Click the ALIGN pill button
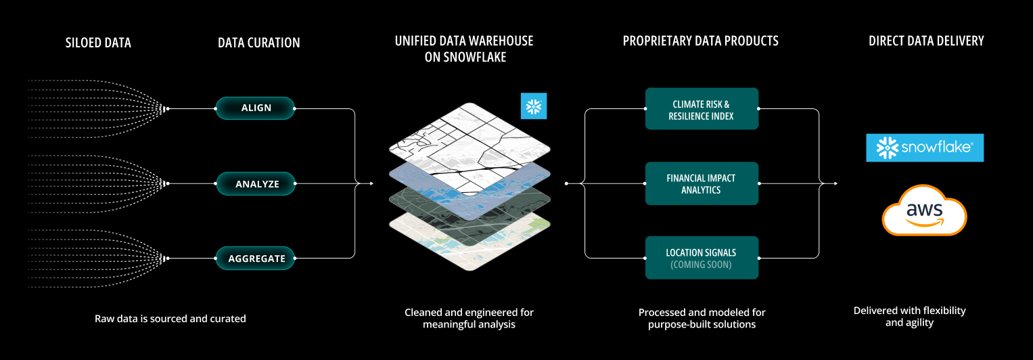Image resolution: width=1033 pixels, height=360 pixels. [256, 108]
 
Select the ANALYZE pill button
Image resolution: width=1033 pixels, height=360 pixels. [256, 183]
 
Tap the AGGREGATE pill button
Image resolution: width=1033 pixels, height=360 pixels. [256, 258]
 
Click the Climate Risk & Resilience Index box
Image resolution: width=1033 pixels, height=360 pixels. [702, 109]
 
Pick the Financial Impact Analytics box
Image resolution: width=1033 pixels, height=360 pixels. [702, 183]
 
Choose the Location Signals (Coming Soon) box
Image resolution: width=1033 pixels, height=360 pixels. [702, 258]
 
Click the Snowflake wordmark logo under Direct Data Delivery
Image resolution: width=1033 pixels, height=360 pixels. [925, 148]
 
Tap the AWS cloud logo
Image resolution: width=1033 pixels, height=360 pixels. [924, 210]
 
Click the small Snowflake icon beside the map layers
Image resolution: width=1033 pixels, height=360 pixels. [534, 106]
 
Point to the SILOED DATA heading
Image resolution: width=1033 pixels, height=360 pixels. [98, 43]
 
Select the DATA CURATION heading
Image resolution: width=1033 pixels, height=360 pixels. [258, 43]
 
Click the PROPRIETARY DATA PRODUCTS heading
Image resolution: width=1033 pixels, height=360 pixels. [700, 41]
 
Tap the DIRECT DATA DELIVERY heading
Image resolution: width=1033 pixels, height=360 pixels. [926, 41]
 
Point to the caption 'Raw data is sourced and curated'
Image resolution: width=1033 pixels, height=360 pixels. [170, 318]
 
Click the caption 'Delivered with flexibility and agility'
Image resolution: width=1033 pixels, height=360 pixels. [909, 317]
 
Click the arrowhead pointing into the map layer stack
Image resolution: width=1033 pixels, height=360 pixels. [371, 183]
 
